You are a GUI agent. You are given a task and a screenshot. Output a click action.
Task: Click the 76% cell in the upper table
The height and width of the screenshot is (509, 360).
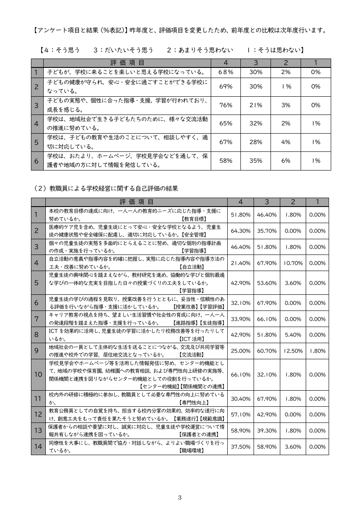[226, 105]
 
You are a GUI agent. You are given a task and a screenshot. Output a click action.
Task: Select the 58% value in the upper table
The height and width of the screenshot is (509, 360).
[226, 161]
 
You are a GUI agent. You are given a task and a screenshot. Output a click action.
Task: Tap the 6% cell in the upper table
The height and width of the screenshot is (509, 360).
[286, 161]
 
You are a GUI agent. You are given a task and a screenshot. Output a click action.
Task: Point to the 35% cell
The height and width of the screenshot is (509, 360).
[256, 161]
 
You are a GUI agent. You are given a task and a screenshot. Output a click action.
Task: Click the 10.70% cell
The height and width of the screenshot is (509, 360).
[293, 263]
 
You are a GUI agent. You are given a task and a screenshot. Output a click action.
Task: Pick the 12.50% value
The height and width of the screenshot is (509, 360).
[293, 351]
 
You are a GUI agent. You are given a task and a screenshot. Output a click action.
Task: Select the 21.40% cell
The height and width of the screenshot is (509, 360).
[240, 263]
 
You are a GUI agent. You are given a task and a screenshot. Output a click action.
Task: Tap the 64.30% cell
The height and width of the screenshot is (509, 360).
[240, 231]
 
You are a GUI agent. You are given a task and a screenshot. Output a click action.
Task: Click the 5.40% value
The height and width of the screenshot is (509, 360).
[293, 335]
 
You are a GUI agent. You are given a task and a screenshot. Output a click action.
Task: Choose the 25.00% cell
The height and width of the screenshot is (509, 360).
[240, 351]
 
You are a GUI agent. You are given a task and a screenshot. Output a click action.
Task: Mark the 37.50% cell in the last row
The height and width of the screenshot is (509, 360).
[240, 447]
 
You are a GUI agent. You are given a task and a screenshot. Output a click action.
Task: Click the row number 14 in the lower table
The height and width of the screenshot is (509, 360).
[38, 447]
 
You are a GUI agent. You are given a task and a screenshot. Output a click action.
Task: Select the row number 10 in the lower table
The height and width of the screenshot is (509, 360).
[38, 374]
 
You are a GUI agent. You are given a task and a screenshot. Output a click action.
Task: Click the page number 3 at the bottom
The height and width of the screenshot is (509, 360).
[180, 498]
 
